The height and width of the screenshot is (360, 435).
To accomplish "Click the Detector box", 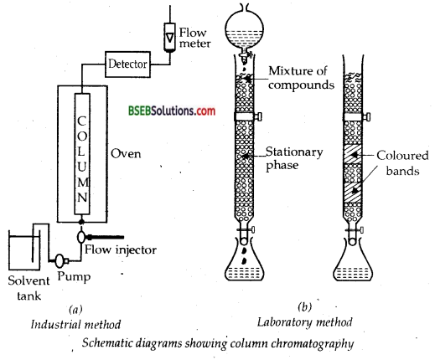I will tap(128, 62).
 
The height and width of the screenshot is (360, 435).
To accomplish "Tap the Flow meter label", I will tap(197, 40).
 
